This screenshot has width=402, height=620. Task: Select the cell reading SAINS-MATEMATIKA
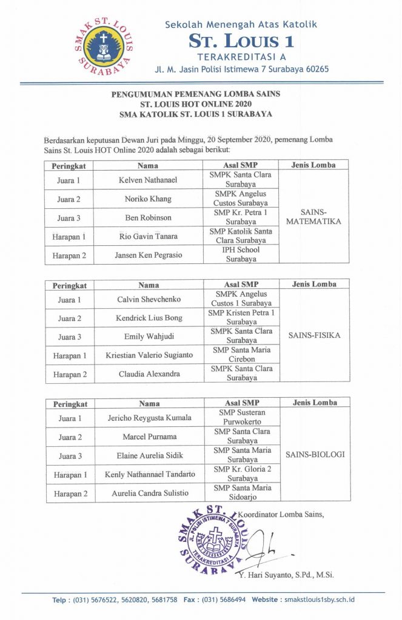click(x=313, y=217)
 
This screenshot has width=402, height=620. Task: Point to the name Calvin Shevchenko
click(x=149, y=299)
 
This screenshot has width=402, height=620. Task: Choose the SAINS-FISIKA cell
click(x=313, y=335)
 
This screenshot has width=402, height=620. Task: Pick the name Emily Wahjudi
click(x=149, y=337)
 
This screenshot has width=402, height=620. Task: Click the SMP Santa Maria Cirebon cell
click(x=241, y=354)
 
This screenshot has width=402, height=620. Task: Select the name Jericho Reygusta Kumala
click(x=149, y=418)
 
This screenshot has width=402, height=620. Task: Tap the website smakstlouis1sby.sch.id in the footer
click(x=320, y=599)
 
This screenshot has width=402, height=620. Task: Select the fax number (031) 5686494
click(x=216, y=599)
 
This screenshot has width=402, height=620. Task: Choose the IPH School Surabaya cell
click(x=241, y=254)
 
